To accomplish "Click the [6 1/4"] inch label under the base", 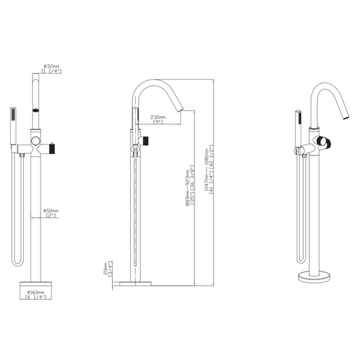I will tap(35, 298).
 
